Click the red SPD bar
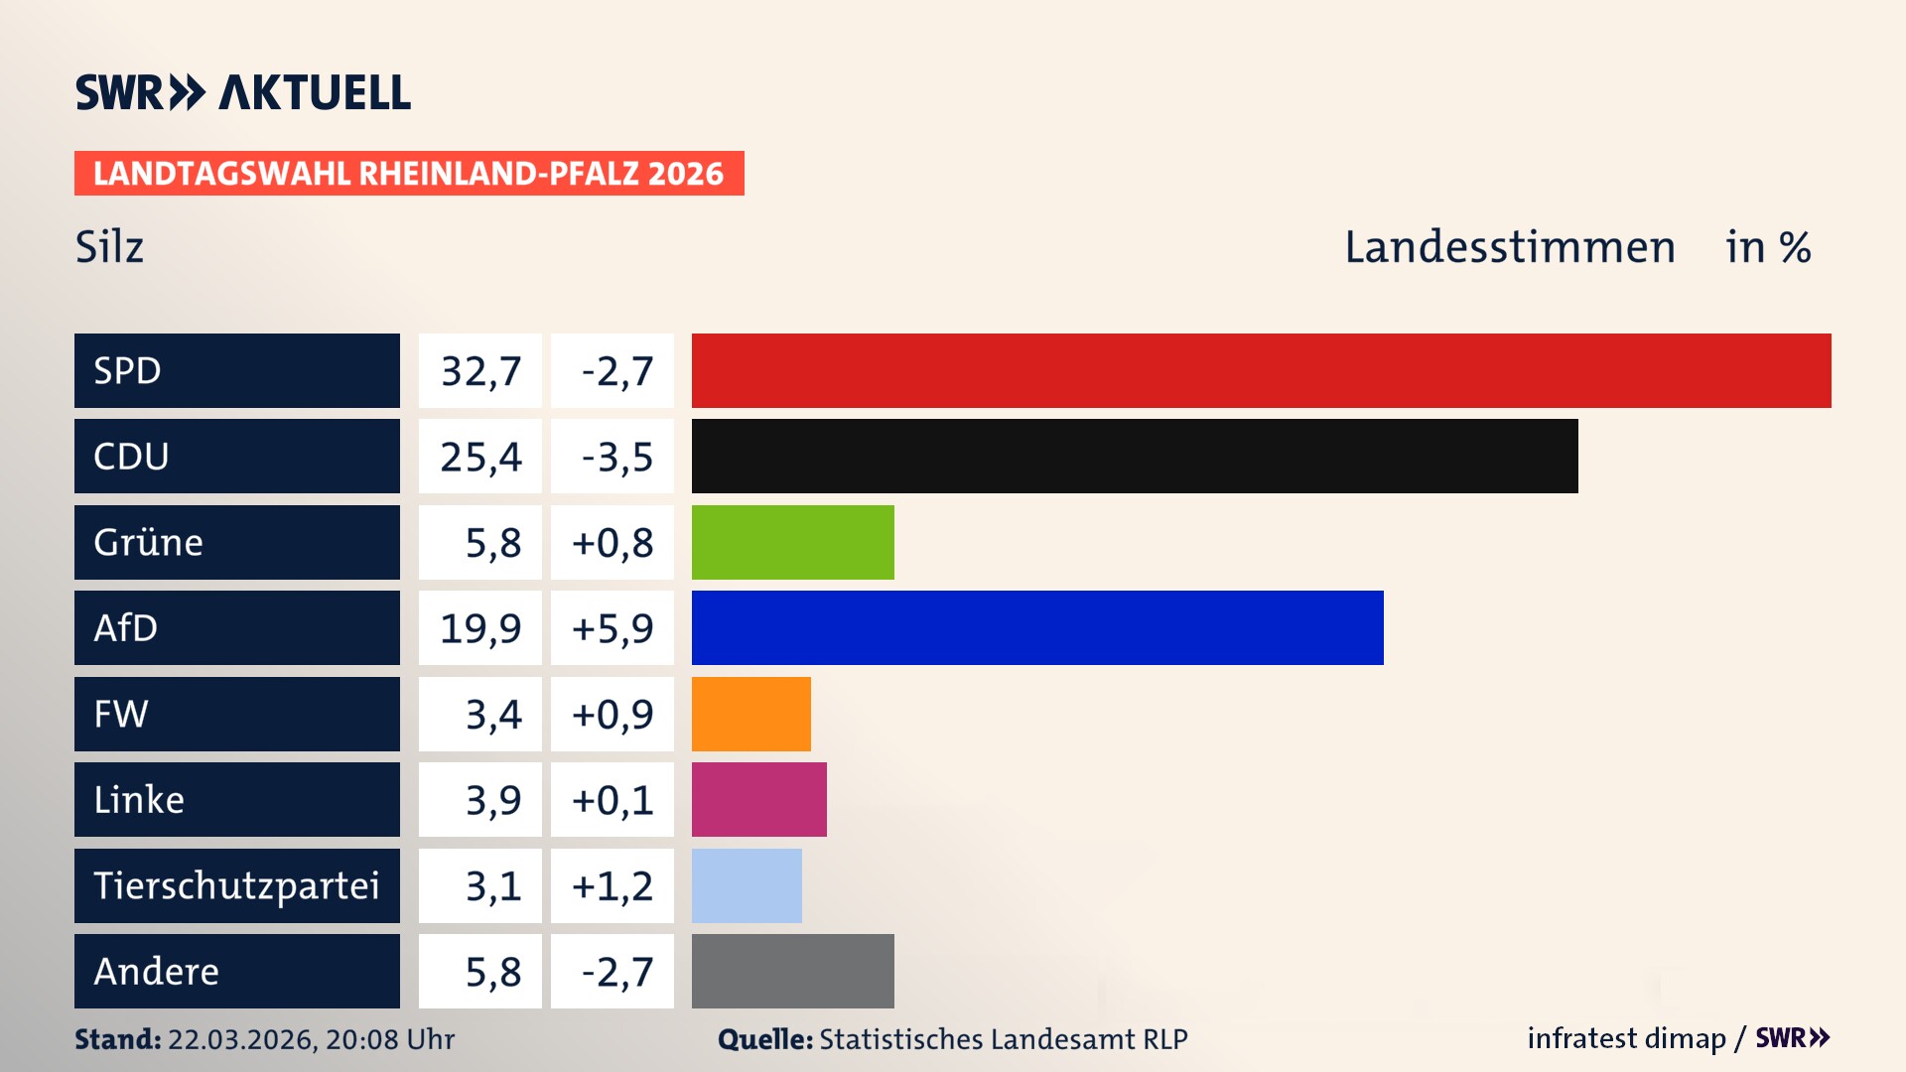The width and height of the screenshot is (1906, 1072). (1261, 370)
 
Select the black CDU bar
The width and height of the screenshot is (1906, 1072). (1135, 456)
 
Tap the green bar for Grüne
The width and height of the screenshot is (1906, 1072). (792, 542)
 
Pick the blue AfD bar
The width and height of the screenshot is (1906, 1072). (1037, 627)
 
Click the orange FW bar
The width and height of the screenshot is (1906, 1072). (750, 714)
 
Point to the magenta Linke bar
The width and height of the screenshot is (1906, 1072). (758, 799)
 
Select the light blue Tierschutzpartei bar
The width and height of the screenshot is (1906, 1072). (747, 885)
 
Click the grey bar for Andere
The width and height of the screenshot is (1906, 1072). (792, 971)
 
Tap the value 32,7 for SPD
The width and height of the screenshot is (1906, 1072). (480, 371)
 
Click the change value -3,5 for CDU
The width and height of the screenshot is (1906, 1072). (616, 457)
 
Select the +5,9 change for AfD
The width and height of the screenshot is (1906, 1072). (613, 628)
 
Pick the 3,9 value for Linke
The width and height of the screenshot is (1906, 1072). (492, 800)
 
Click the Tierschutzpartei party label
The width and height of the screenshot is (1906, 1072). (236, 885)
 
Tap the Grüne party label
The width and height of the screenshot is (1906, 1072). (149, 542)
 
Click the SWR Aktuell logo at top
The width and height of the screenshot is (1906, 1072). (243, 92)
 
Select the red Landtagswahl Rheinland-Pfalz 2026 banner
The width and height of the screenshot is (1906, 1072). (408, 173)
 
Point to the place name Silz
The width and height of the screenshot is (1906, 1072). (109, 247)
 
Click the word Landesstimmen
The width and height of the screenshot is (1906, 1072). (1509, 247)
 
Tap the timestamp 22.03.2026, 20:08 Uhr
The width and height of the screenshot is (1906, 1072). (311, 1039)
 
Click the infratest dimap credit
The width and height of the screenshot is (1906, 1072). (1626, 1038)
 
